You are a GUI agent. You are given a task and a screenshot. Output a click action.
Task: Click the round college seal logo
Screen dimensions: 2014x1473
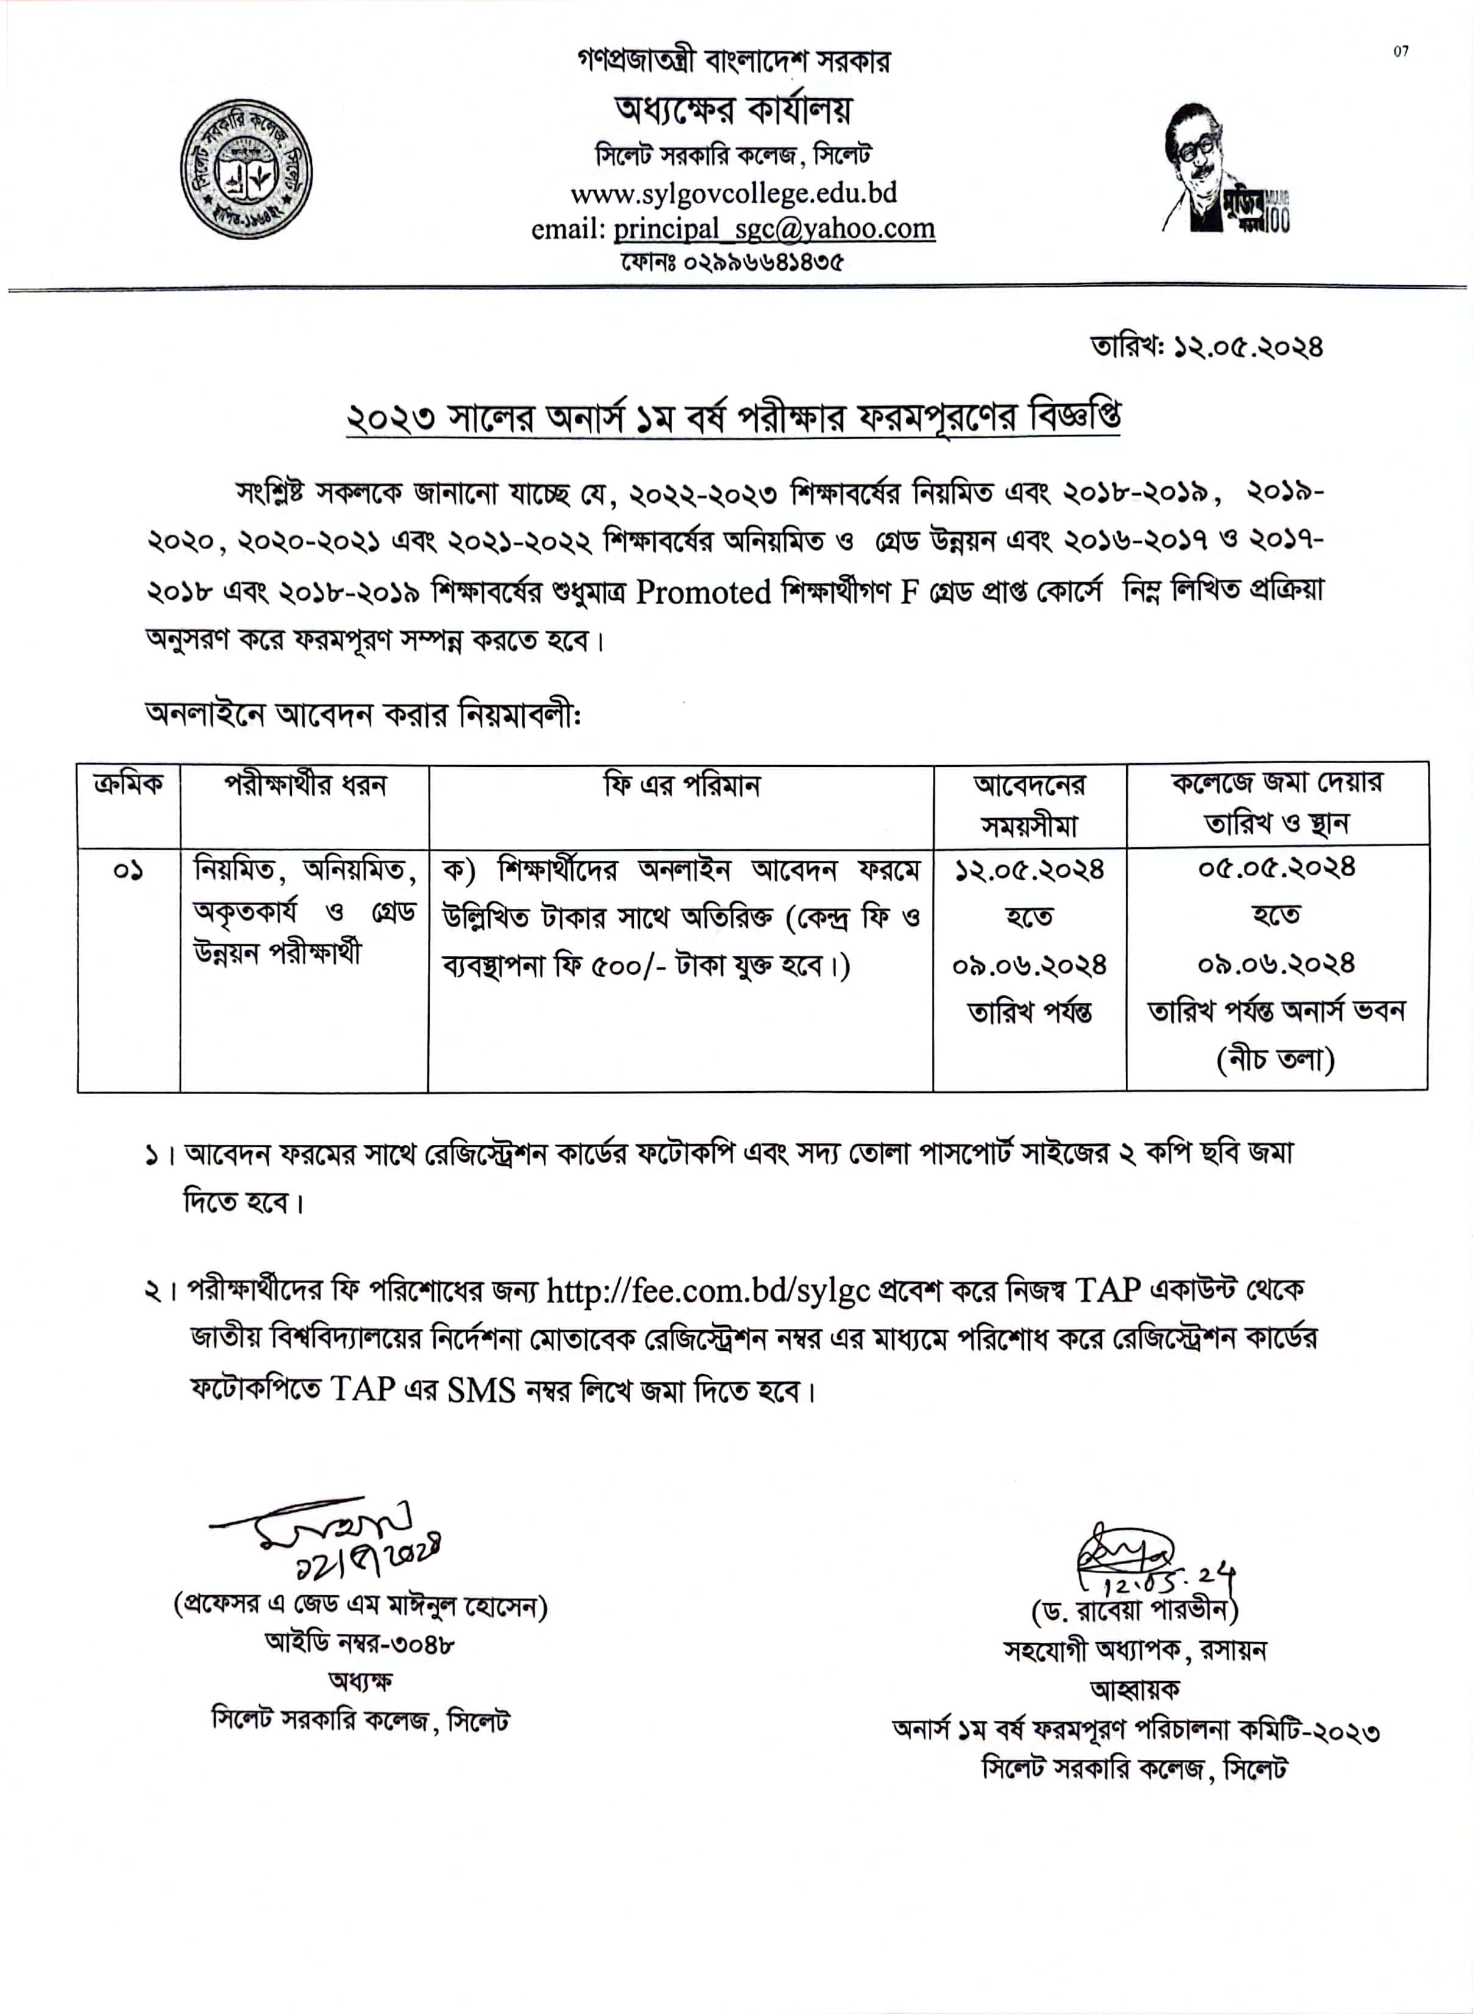tap(246, 170)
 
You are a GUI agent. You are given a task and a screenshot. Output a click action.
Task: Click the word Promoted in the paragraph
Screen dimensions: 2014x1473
tap(703, 592)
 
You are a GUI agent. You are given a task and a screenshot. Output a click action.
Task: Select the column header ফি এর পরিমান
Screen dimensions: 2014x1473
tap(681, 785)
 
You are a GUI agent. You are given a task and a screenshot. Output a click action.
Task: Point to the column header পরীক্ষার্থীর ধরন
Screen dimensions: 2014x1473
tap(304, 785)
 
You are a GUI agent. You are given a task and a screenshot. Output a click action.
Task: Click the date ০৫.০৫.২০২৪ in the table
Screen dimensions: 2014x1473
tap(1276, 867)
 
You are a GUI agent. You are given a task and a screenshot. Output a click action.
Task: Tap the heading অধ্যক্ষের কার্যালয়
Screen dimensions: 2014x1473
tap(733, 110)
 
